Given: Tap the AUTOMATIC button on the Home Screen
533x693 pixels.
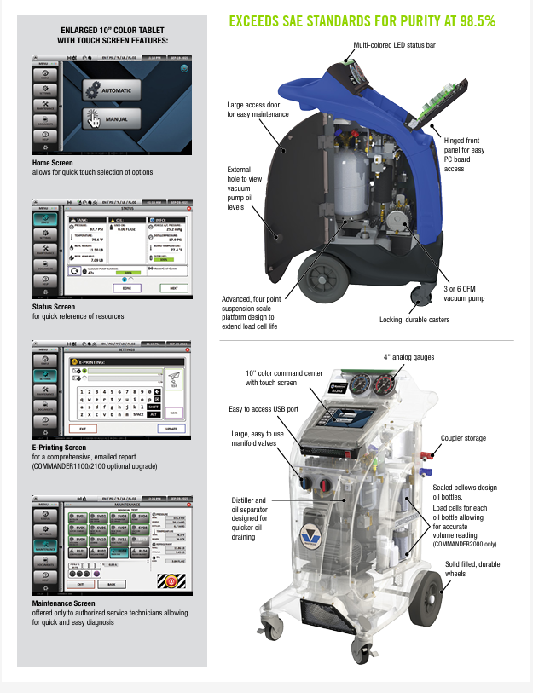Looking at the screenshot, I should coord(115,90).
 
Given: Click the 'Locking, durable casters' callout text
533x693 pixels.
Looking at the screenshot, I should coord(418,320).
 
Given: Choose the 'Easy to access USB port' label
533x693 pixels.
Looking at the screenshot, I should coord(264,409).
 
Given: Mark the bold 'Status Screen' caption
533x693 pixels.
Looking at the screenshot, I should coord(54,307).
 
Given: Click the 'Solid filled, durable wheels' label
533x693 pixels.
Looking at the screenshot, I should coord(472,569).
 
